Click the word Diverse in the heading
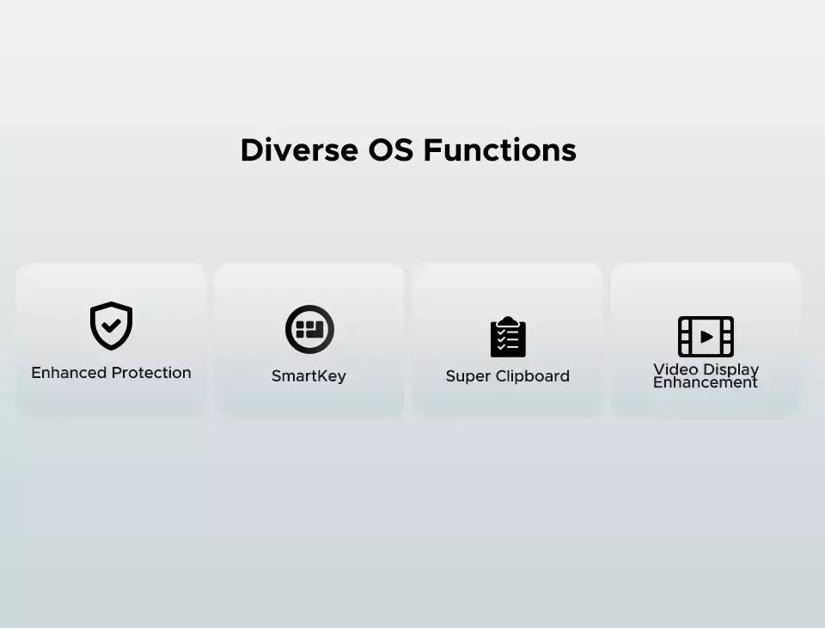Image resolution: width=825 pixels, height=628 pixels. [299, 149]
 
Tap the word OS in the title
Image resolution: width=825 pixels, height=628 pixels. [390, 149]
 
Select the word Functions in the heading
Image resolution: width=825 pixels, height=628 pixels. [500, 149]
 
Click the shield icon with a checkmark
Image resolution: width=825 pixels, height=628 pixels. [111, 326]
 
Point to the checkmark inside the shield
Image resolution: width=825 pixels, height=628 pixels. [111, 326]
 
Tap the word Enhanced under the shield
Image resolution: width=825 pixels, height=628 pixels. [69, 373]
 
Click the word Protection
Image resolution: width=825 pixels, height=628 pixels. [151, 373]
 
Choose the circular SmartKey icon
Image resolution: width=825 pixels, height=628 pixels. [309, 329]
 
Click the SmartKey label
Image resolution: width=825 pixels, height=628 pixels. [309, 376]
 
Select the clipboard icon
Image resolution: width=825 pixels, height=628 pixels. [508, 337]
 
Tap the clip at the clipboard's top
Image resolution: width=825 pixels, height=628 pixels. [508, 321]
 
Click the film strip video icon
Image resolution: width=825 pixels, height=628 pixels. [706, 337]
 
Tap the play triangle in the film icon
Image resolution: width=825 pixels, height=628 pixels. [706, 337]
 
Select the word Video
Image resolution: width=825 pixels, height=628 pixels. [675, 369]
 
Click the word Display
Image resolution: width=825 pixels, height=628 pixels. [730, 370]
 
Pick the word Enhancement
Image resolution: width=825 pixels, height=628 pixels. [705, 382]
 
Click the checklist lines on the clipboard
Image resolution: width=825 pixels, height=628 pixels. [508, 340]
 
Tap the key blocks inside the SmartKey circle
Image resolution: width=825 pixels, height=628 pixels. [309, 329]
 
